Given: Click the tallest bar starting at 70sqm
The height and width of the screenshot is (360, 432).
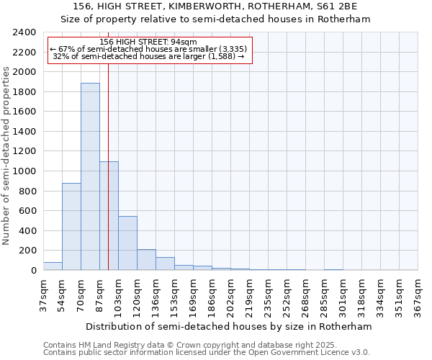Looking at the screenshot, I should click(x=90, y=176).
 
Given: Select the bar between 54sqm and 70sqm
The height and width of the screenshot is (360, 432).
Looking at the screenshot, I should click(x=71, y=226).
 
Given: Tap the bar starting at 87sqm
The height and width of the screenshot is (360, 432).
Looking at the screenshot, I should click(x=109, y=216).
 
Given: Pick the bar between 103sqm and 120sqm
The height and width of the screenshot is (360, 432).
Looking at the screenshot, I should click(x=127, y=243).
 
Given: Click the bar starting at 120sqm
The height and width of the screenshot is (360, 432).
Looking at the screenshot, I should click(x=146, y=260).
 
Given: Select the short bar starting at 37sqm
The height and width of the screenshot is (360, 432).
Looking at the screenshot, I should click(x=53, y=266).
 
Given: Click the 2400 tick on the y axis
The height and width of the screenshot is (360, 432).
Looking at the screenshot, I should click(x=24, y=32).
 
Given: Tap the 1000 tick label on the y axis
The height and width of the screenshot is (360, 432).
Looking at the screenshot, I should click(x=24, y=171).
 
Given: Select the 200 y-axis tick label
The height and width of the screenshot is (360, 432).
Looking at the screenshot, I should click(x=27, y=251).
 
